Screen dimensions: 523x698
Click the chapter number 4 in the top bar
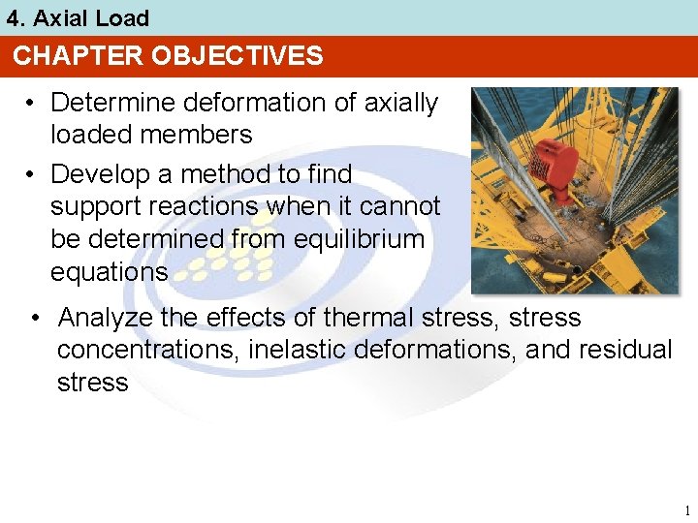pos(13,18)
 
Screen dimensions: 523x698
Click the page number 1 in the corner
pos(686,510)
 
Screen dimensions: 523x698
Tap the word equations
pos(109,272)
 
